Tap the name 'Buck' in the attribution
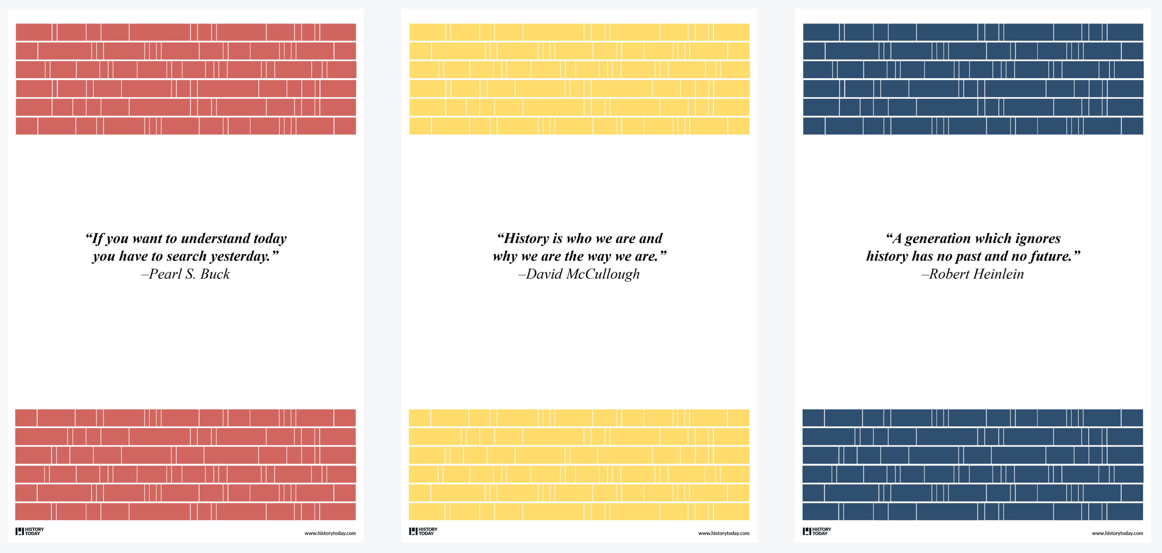[x=215, y=274]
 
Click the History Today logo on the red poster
[x=30, y=531]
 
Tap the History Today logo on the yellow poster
[x=423, y=531]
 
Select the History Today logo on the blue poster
[x=817, y=531]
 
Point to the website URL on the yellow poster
[x=724, y=533]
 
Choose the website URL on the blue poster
[x=1117, y=533]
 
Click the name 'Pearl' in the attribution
[x=165, y=274]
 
